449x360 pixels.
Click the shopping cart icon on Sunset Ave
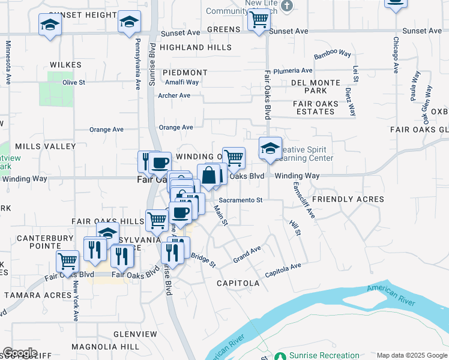click(259, 20)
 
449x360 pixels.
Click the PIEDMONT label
click(188, 73)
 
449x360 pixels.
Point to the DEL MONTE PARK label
click(316, 86)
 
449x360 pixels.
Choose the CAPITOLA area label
click(238, 283)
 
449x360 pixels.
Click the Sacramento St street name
click(241, 200)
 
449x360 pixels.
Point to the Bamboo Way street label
click(332, 54)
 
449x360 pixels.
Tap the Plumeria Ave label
click(294, 71)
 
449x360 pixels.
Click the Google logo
click(20, 353)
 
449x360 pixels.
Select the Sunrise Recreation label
click(324, 355)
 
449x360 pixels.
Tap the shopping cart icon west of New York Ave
click(67, 261)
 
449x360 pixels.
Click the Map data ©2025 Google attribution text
click(411, 355)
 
